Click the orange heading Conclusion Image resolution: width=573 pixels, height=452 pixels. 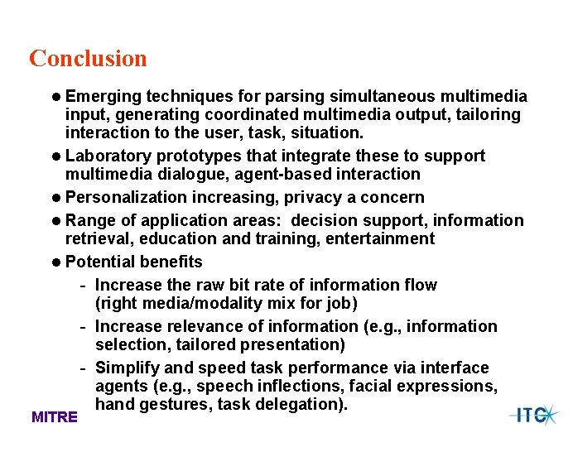88,59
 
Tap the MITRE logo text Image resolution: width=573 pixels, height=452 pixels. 55,417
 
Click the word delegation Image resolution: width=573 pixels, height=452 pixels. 304,404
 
